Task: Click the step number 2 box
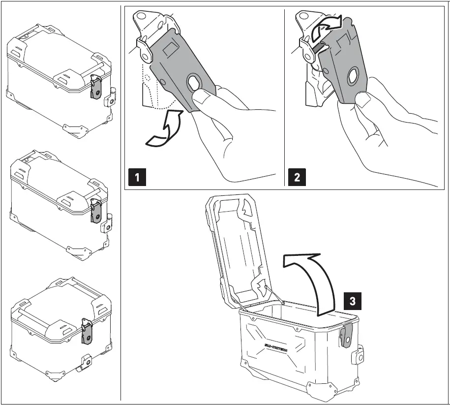pos(297,177)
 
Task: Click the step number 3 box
pos(352,301)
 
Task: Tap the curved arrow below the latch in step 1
pos(165,130)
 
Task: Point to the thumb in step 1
pos(203,101)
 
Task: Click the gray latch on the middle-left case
pos(96,212)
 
